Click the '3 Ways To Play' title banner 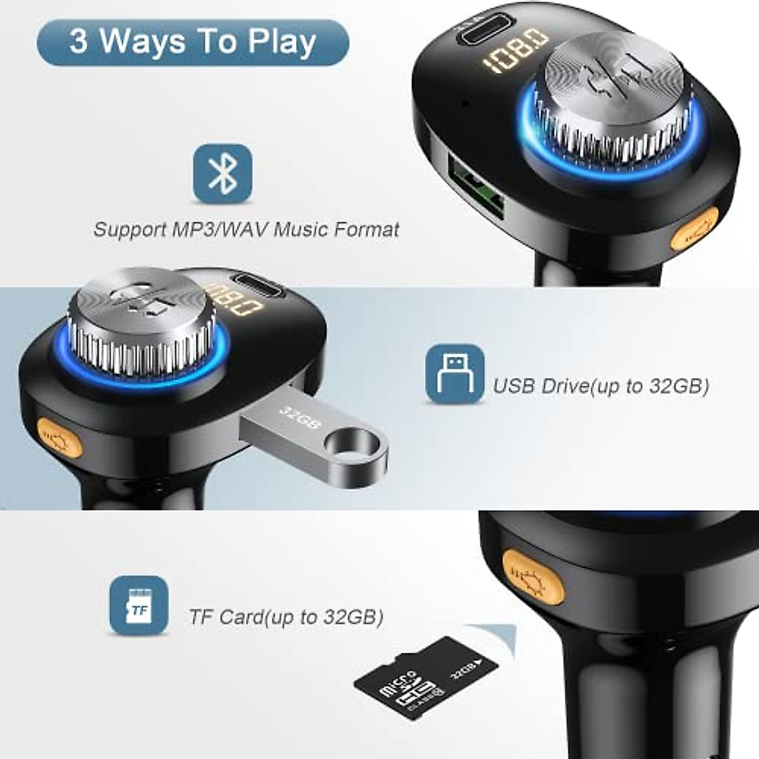[193, 42]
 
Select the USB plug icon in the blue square [454, 373]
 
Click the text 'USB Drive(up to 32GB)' [601, 386]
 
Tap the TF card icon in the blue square [139, 605]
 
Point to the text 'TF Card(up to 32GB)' [286, 617]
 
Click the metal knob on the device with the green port [612, 101]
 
